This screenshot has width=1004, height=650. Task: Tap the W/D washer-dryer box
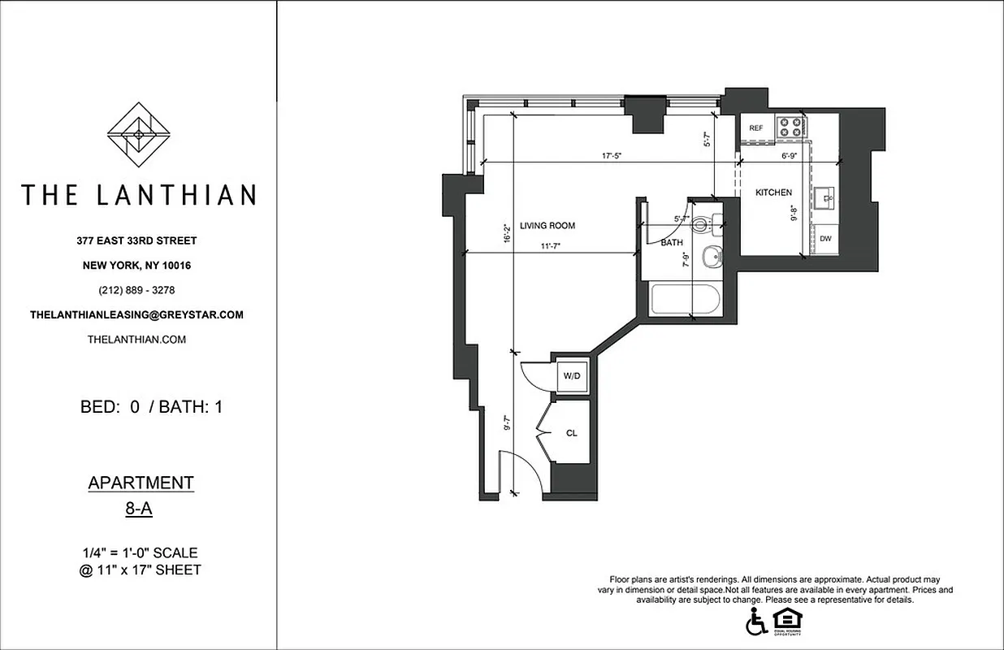(x=571, y=376)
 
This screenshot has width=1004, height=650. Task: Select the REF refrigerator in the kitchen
(x=756, y=128)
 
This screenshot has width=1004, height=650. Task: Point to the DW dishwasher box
(x=825, y=238)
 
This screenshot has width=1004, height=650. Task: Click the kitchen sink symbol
(x=826, y=196)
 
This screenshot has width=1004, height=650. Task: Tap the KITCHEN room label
(x=773, y=193)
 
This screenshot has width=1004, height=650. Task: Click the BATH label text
(x=672, y=243)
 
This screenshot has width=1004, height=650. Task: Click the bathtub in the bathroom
(x=686, y=300)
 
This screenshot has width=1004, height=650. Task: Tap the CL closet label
(x=571, y=433)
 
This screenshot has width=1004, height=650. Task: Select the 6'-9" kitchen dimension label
(x=790, y=155)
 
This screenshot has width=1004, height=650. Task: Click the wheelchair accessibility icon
(x=755, y=621)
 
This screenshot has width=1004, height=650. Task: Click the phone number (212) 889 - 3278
(x=136, y=290)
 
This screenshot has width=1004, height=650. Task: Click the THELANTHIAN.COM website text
(x=136, y=340)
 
